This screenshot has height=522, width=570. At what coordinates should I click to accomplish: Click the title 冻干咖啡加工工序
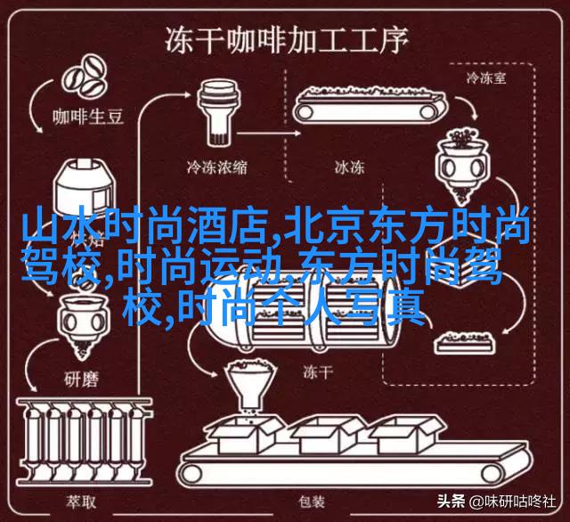point(287,41)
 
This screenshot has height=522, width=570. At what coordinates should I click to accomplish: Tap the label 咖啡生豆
point(88,117)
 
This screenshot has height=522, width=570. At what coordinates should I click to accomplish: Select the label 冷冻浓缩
point(217,167)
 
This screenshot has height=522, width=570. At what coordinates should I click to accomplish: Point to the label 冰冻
point(350,167)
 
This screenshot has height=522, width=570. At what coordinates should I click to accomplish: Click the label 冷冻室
point(486,77)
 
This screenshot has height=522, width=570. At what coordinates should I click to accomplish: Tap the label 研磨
point(81,379)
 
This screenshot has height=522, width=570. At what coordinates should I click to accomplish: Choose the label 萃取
point(81,502)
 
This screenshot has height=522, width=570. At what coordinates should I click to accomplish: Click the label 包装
point(312,502)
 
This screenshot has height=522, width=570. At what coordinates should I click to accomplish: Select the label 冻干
point(318,371)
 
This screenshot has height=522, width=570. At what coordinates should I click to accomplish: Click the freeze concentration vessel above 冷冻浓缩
point(218,113)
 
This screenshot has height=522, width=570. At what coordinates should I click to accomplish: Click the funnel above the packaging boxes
point(251,386)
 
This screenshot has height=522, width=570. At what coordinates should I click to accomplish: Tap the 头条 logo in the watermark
point(452,502)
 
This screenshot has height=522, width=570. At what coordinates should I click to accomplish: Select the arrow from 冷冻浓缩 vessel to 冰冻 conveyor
point(270,134)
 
